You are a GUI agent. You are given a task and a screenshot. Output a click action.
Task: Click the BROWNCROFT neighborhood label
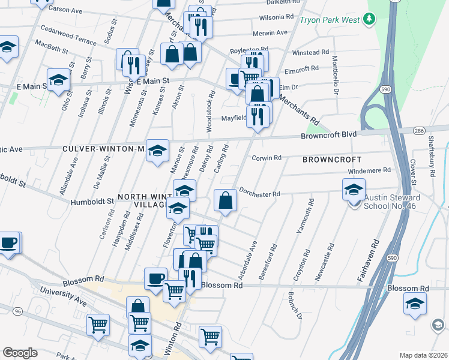[x=332, y=160]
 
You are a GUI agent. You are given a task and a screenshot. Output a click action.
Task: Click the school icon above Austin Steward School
[x=354, y=190]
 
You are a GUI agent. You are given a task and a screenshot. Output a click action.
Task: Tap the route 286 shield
[x=419, y=130]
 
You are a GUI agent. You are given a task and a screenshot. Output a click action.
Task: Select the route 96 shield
[x=17, y=311]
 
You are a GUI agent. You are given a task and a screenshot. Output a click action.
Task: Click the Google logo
[x=20, y=353]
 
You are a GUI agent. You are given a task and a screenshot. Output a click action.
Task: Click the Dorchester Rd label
[x=260, y=194]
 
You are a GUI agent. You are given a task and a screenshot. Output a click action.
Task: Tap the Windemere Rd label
[x=370, y=170]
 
